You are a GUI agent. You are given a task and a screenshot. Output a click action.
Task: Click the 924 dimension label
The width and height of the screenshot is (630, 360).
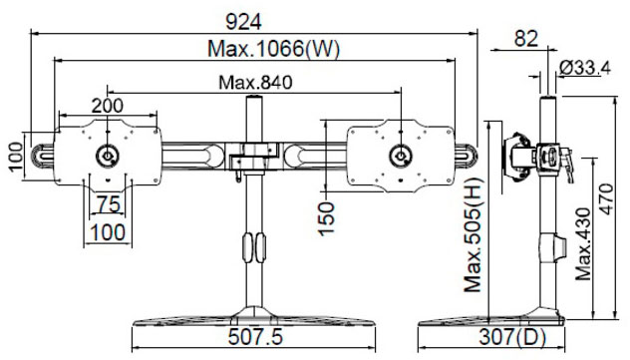pyautogui.click(x=243, y=22)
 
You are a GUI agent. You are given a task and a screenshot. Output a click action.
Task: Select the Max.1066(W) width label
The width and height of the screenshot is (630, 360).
pyautogui.click(x=273, y=49)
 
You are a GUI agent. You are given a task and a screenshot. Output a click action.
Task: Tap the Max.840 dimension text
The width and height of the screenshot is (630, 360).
pyautogui.click(x=255, y=83)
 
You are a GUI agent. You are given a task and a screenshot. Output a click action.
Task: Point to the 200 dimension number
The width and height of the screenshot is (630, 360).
pyautogui.click(x=108, y=106)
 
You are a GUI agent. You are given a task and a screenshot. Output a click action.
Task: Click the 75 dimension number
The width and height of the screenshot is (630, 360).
pyautogui.click(x=109, y=204)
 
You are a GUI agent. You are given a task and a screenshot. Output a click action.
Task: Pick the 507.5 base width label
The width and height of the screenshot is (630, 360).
pyautogui.click(x=255, y=337)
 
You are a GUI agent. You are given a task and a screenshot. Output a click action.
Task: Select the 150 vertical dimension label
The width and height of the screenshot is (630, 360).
pyautogui.click(x=326, y=218)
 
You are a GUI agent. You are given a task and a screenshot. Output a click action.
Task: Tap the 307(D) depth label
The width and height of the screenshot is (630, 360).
pyautogui.click(x=512, y=337)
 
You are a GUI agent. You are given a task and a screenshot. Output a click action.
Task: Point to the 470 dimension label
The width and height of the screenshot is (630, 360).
pyautogui.click(x=606, y=198)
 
